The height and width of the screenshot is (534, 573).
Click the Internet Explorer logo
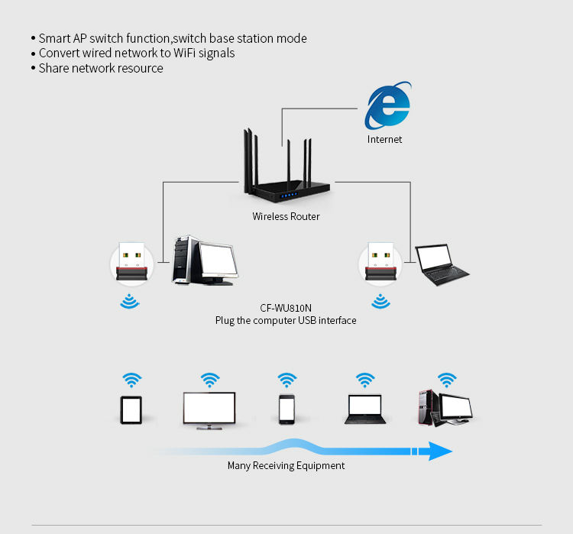pos(387,105)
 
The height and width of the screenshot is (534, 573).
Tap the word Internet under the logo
pos(384,139)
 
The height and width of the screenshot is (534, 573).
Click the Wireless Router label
pos(286,216)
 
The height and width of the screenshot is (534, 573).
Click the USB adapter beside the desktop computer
pos(132,262)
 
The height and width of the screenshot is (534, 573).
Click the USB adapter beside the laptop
pos(380,261)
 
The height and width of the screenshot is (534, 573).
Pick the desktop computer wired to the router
pos(205,261)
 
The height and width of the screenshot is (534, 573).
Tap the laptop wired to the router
pos(442,264)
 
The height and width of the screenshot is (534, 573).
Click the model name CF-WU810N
pos(286,308)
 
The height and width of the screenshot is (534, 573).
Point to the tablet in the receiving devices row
pos(131,410)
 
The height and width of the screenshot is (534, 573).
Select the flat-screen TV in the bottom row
pos(209,410)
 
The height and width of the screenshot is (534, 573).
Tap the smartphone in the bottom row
pos(286,409)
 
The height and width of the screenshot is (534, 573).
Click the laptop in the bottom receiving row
pos(365,409)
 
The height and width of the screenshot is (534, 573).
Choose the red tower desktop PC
pos(445,407)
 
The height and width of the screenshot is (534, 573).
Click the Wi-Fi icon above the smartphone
pos(287,380)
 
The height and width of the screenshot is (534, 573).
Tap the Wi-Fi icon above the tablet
pos(132,380)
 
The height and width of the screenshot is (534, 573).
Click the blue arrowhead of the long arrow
pos(440,451)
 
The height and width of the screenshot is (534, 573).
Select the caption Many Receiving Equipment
pos(286,466)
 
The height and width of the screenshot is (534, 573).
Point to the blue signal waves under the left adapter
pos(130,302)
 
